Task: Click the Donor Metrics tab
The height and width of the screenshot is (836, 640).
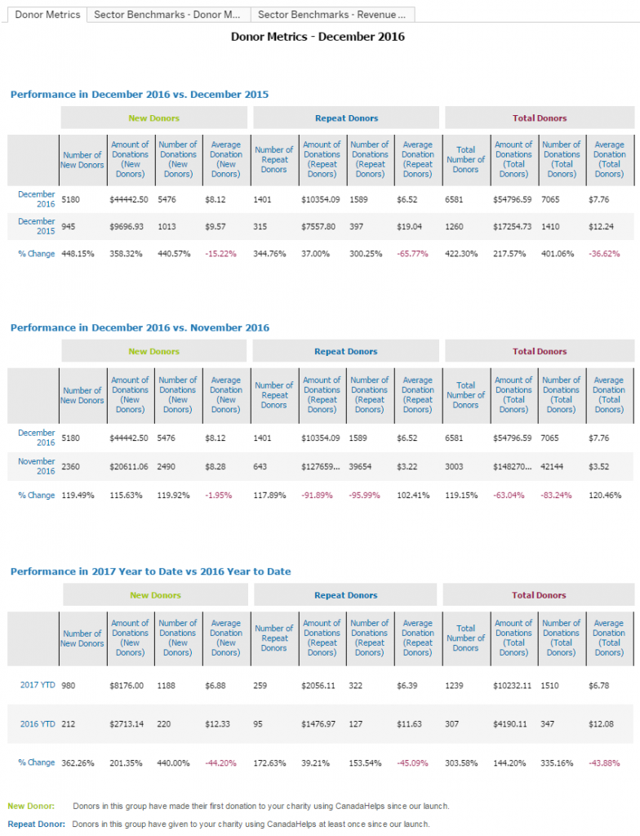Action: [x=48, y=15]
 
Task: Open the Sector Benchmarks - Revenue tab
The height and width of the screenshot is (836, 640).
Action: [x=333, y=15]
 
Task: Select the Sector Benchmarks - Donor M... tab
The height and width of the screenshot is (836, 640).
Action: [x=167, y=15]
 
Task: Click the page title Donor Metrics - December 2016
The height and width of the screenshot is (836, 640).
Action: [x=318, y=37]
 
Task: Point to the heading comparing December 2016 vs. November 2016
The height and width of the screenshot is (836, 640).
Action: [x=140, y=327]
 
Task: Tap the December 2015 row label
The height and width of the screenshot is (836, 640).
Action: [x=37, y=226]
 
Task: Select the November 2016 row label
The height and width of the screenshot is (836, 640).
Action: [x=37, y=466]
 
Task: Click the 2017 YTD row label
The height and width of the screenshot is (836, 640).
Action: [x=38, y=685]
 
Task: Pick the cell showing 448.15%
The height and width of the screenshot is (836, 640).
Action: [x=78, y=254]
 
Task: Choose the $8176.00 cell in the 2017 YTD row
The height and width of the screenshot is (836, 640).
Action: [x=127, y=685]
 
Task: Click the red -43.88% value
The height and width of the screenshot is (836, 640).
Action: [x=605, y=763]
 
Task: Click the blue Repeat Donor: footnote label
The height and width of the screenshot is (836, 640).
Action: [x=36, y=824]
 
